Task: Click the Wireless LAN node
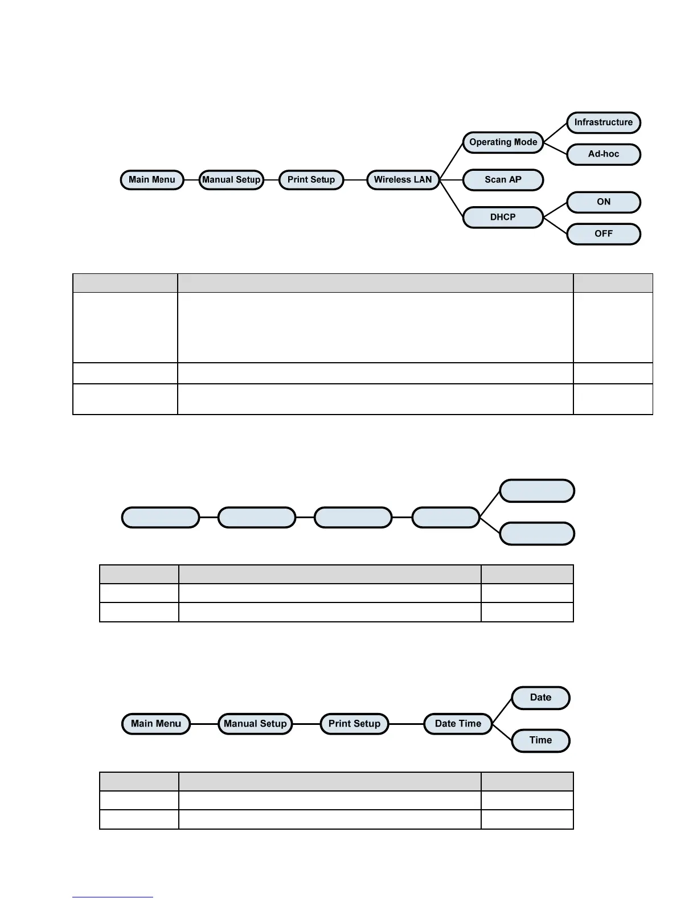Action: click(x=403, y=180)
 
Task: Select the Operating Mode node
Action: click(x=503, y=142)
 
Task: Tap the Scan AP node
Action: click(x=503, y=180)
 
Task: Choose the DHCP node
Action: click(x=503, y=217)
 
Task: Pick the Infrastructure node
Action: click(x=603, y=122)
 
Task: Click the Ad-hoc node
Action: click(x=603, y=154)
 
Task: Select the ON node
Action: click(x=603, y=202)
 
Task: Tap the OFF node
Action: click(x=603, y=234)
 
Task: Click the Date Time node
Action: click(x=458, y=724)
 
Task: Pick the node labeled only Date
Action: click(x=540, y=698)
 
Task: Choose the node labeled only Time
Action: click(x=540, y=740)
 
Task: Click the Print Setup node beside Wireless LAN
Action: click(x=311, y=180)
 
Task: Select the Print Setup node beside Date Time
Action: click(x=354, y=724)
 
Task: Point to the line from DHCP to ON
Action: click(x=555, y=210)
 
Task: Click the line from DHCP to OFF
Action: click(x=555, y=225)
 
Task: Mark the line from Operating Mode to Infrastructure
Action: click(x=555, y=132)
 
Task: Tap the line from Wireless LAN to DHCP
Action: click(x=451, y=198)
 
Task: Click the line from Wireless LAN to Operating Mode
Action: click(x=451, y=161)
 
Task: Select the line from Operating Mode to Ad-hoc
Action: click(x=555, y=148)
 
